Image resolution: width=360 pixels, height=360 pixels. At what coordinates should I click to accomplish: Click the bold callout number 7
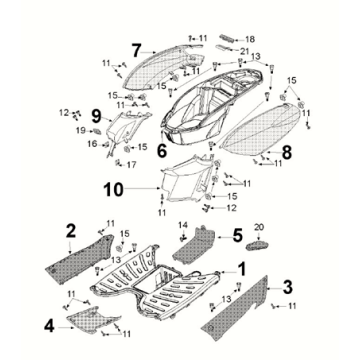137,51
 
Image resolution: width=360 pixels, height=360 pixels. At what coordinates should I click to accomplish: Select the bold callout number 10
113,189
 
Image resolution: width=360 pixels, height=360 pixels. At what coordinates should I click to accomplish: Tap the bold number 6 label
162,151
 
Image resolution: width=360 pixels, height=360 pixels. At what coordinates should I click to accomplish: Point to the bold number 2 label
71,231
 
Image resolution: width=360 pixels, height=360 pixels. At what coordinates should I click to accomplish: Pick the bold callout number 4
49,327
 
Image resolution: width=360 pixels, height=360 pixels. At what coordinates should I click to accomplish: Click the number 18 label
250,39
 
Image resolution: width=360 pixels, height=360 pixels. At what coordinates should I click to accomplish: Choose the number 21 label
244,50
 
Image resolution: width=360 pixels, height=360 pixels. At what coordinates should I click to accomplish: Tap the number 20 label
259,227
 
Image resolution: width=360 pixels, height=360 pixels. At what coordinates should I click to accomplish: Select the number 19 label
81,131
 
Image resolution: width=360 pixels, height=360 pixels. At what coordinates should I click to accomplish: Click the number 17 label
131,165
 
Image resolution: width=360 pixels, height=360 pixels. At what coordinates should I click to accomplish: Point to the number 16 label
92,144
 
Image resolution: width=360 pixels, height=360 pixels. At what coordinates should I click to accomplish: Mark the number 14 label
182,225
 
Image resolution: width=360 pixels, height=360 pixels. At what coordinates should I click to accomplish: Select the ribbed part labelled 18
228,37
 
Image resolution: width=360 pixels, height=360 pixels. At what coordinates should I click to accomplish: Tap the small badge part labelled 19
96,131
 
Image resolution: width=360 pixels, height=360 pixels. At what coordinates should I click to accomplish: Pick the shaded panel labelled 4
94,319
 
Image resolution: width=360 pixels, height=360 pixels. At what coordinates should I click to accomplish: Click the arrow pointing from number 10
143,189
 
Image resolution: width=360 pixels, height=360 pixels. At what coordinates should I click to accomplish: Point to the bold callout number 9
96,117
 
